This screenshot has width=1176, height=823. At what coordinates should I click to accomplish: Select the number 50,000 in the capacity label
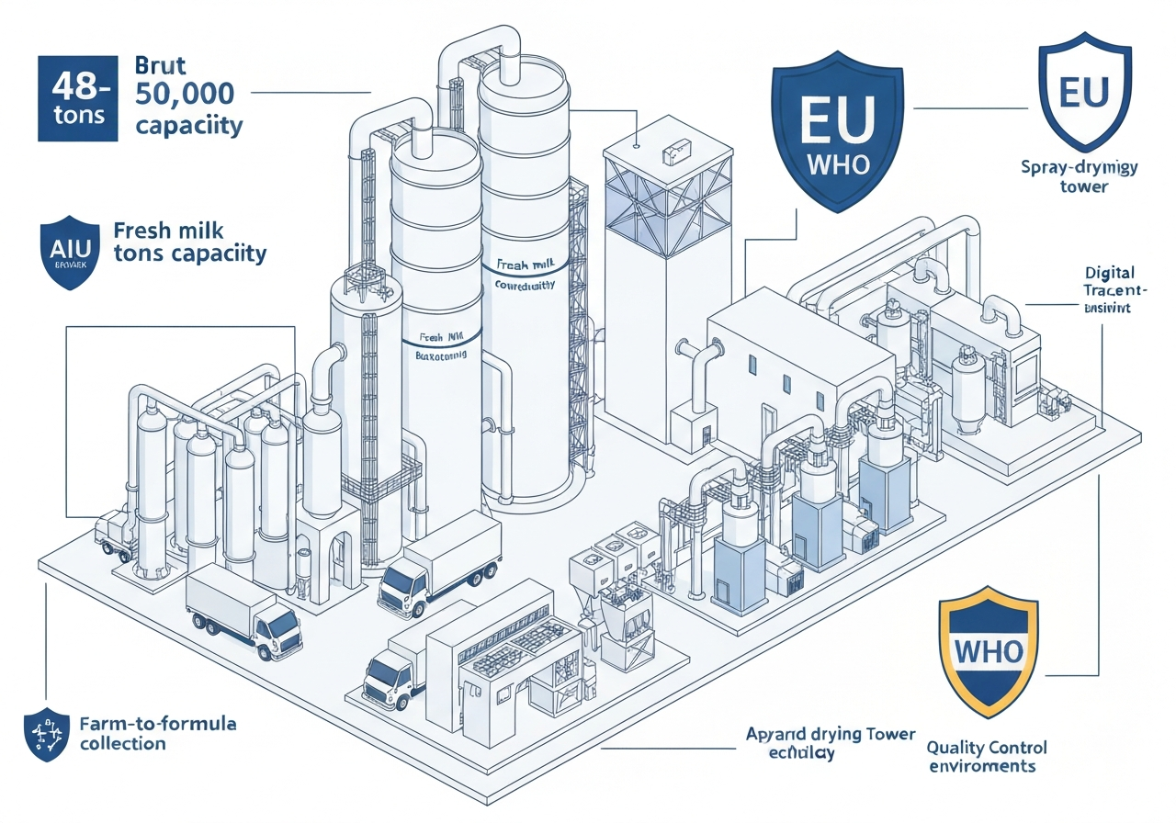(x=184, y=94)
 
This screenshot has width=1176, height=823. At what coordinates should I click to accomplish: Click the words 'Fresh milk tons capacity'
(x=189, y=242)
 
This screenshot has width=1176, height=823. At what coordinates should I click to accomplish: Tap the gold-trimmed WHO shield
(x=989, y=650)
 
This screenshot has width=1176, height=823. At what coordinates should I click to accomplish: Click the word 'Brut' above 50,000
(x=160, y=66)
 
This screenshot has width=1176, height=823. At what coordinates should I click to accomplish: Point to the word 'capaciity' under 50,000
(x=189, y=124)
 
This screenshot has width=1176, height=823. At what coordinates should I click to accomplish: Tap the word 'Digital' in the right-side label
(x=1109, y=273)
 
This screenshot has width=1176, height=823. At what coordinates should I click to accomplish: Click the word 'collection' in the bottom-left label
(x=122, y=743)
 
